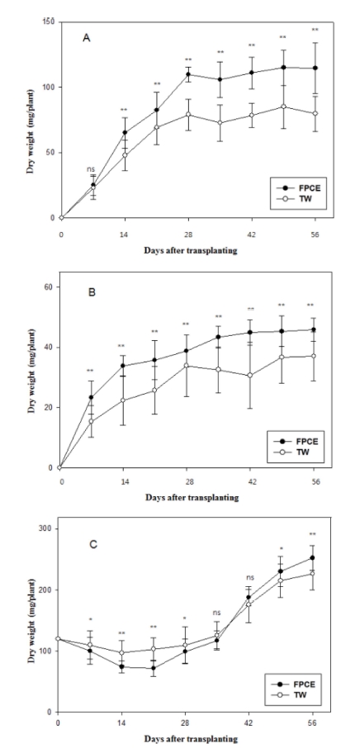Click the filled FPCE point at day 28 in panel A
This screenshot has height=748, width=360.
188,74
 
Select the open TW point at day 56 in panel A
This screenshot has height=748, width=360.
315,113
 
